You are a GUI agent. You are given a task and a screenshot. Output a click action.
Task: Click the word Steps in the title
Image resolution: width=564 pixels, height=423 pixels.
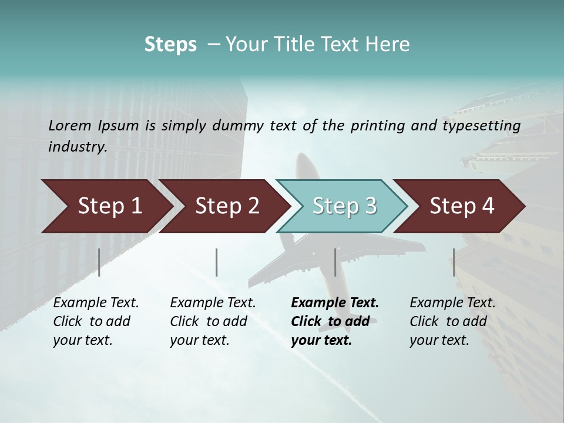point(170,45)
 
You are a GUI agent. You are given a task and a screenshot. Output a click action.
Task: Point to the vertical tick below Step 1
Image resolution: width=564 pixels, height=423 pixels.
point(99,262)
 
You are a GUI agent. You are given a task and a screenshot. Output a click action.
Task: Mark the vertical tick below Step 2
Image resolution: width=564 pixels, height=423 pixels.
point(217,262)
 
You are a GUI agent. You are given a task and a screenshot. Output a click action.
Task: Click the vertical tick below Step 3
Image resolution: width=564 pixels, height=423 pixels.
point(335,262)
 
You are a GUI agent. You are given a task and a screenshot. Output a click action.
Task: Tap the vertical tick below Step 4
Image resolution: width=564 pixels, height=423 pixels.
point(454,262)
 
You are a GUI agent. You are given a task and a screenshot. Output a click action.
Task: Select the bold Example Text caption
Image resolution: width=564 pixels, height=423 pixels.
point(335,321)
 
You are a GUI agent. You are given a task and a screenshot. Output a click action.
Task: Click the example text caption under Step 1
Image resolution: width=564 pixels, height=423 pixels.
point(96,321)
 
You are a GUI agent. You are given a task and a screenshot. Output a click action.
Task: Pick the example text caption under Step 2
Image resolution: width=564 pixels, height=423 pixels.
point(213,321)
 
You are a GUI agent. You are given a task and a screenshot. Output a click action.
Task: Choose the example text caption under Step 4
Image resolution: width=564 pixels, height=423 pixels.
point(452,321)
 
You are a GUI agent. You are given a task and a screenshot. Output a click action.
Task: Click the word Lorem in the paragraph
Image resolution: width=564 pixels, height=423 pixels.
point(70,125)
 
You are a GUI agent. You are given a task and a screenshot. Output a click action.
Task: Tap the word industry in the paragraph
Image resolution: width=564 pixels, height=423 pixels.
point(77,146)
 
